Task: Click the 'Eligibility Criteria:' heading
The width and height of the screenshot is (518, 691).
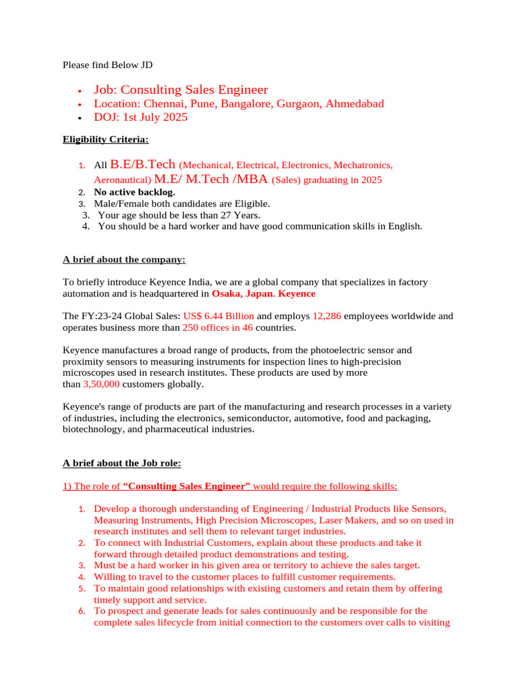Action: click(x=106, y=140)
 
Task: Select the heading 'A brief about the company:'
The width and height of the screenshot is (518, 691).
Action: click(x=124, y=259)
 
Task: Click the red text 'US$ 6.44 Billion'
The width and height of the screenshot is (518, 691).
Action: click(x=219, y=316)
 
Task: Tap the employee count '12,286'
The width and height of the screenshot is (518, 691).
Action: click(x=326, y=316)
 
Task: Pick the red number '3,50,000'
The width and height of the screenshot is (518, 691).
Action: click(x=101, y=384)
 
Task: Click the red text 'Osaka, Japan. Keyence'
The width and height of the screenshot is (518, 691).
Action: click(x=263, y=294)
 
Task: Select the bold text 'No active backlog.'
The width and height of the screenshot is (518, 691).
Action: click(x=135, y=192)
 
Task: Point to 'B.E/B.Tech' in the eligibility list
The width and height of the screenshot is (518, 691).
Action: click(x=142, y=164)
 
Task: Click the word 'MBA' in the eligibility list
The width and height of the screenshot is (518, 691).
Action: click(x=250, y=179)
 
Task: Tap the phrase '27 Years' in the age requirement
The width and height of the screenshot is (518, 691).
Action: click(x=240, y=215)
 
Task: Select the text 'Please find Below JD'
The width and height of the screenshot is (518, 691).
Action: click(x=108, y=65)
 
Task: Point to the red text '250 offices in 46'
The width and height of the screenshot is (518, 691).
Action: click(x=217, y=327)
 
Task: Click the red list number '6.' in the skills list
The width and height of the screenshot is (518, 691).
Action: click(x=81, y=611)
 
